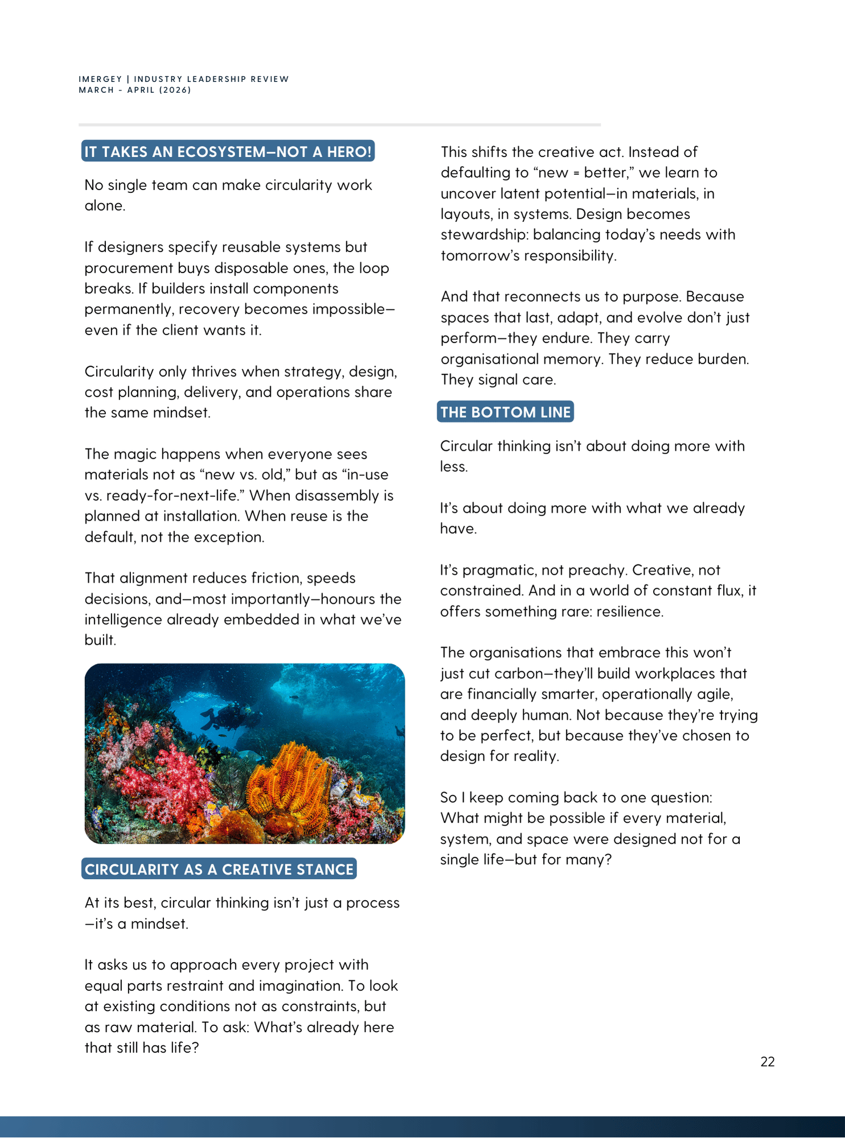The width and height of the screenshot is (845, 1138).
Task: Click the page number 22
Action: (x=767, y=1062)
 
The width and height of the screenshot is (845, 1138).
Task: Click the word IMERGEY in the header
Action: (x=100, y=79)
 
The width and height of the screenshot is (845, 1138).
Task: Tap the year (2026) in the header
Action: (x=175, y=90)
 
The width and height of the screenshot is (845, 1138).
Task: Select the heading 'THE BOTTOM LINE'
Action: (x=505, y=412)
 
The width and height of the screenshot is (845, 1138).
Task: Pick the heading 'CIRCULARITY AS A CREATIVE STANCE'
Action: (x=219, y=869)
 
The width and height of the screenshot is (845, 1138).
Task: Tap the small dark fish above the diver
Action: (x=294, y=697)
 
